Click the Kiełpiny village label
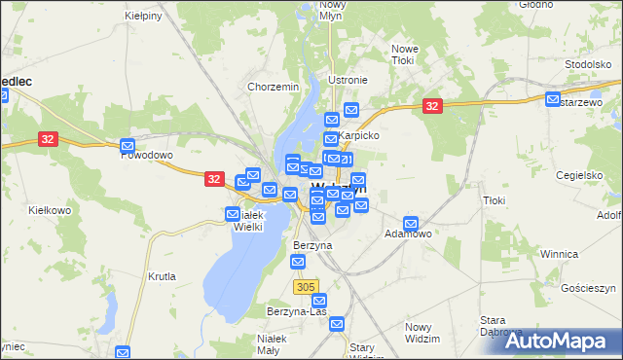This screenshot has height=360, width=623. coord(143,17)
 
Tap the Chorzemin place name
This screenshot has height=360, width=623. coord(273,87)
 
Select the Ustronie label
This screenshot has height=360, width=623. coord(348,80)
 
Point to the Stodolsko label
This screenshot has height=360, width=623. coord(587,64)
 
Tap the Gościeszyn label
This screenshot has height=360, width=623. coord(591,289)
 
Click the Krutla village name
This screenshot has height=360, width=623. coord(162,276)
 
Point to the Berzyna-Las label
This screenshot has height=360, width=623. coord(296,311)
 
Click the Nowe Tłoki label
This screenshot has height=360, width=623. coord(404,54)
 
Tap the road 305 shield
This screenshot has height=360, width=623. coord(305,286)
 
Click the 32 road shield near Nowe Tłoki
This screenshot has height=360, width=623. coord(433,105)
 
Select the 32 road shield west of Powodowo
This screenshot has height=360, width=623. coord(49,139)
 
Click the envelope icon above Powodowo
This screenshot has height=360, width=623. coord(128,147)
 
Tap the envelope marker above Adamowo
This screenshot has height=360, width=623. coord(413,224)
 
